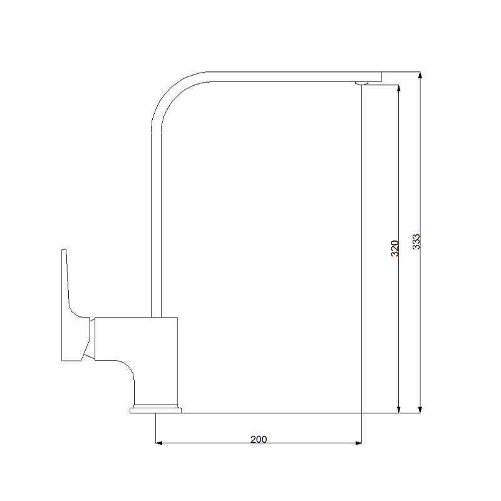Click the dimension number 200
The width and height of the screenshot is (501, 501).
(259, 439)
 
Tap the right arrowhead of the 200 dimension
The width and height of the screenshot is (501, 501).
(358, 443)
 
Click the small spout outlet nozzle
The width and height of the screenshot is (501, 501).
(361, 83)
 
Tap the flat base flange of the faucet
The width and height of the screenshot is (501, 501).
(155, 411)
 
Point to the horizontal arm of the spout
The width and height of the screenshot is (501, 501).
(282, 76)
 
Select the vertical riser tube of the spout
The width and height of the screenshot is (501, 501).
(157, 219)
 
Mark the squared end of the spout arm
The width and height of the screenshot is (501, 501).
(378, 76)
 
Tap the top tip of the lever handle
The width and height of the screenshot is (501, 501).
(63, 252)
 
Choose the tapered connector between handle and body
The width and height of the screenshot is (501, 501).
(91, 339)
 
